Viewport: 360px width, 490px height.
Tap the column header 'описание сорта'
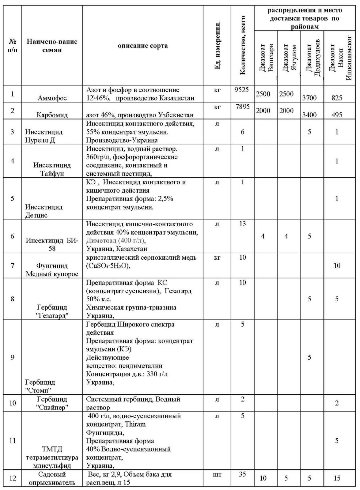(143, 46)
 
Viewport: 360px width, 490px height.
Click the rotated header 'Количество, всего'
(243, 45)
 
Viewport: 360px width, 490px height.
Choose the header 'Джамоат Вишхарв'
(266, 58)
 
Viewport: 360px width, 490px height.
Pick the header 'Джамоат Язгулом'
(290, 58)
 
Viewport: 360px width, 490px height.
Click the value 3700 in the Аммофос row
(309, 98)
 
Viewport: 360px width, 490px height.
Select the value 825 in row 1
(337, 98)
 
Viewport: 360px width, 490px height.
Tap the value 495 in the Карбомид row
(337, 115)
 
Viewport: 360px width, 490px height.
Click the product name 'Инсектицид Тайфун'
(52, 169)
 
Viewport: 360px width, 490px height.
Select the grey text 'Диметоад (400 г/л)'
(116, 240)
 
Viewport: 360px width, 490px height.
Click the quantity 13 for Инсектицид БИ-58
(242, 224)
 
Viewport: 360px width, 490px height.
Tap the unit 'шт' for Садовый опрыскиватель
(217, 474)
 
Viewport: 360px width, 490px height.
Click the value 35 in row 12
(242, 474)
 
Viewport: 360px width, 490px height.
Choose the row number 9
(12, 357)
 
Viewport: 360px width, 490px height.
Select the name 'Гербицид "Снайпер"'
(52, 403)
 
